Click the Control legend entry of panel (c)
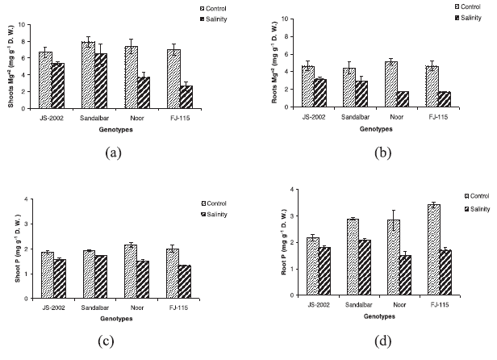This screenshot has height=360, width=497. pyautogui.click(x=212, y=202)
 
